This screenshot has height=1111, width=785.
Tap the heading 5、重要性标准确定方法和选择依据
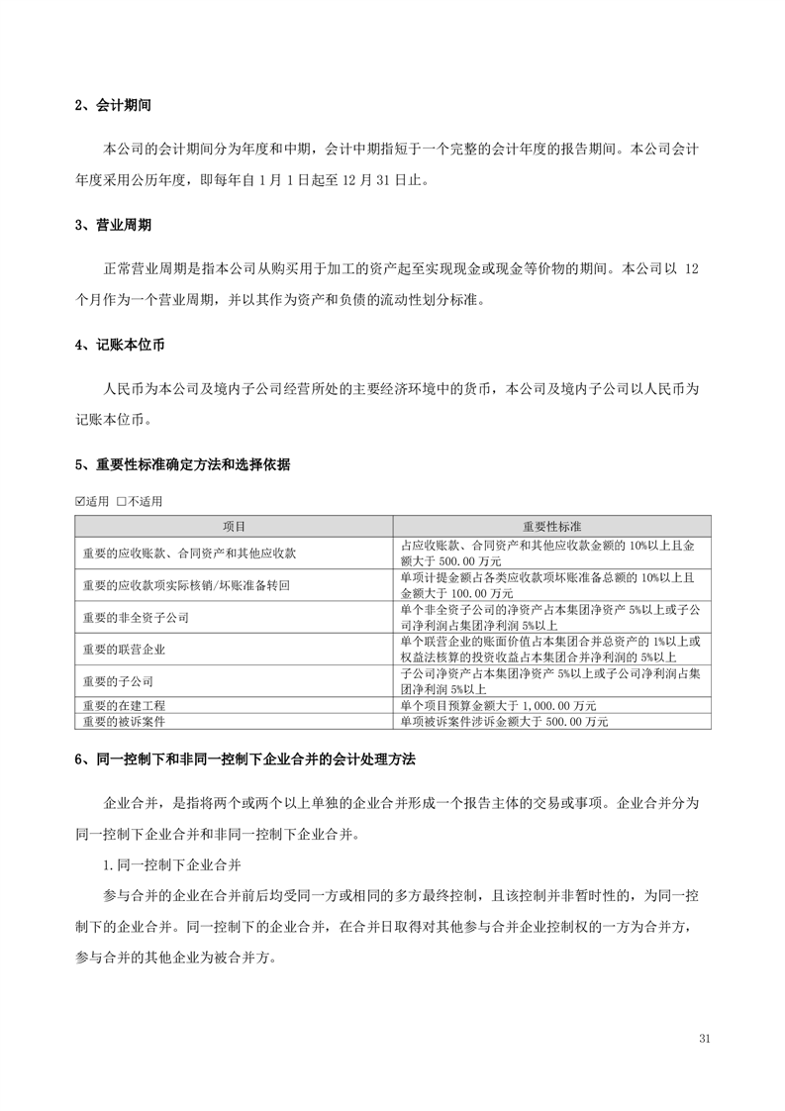click(x=182, y=464)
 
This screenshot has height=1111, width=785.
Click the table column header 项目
click(x=235, y=526)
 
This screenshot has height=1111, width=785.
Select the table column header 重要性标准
click(x=552, y=526)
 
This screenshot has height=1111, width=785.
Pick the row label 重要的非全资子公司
click(x=137, y=617)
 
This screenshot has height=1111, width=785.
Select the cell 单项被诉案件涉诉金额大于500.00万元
click(x=504, y=722)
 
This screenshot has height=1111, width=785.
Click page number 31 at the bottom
click(x=705, y=1038)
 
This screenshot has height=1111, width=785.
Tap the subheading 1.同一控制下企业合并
click(x=173, y=863)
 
